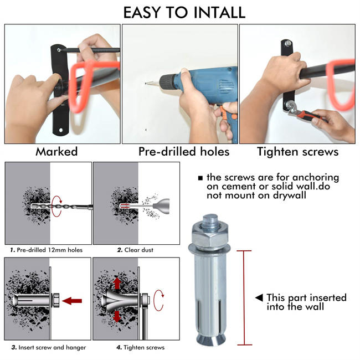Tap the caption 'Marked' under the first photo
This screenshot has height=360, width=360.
[56, 151]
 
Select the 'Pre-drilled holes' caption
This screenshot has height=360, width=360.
[183, 151]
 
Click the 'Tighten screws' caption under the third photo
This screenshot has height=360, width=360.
[297, 151]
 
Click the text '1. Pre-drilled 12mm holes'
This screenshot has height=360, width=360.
[47, 250]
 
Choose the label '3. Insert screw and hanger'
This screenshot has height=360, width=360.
[48, 347]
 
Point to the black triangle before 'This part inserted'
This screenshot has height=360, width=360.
[259, 298]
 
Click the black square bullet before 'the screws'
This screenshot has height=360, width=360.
[200, 178]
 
